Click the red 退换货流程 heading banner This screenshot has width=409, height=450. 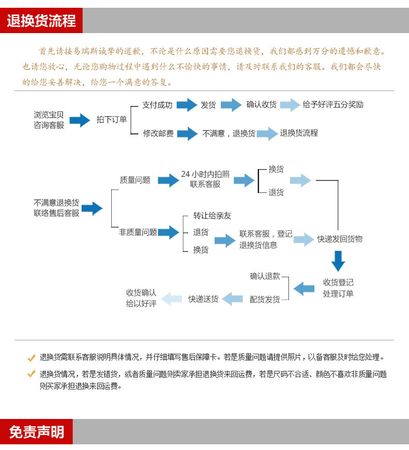pos(41,21)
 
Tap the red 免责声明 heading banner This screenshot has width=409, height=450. pos(36,432)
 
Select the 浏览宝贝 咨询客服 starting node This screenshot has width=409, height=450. pos(49,120)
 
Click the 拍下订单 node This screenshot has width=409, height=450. pos(111,120)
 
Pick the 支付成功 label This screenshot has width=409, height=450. pos(157,105)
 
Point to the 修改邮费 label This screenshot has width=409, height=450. pos(158,133)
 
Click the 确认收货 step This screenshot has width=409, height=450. pos(261,105)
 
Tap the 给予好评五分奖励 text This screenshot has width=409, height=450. pos(333,105)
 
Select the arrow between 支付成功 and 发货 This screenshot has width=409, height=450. pos(186,105)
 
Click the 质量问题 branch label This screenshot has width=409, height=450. pos(135,180)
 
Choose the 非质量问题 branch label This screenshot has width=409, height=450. pos(138,232)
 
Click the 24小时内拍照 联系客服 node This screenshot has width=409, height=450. pos(206,179)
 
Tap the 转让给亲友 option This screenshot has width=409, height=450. pos(212,216)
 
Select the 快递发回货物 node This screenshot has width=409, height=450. pos(340,239)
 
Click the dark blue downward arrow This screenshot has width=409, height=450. pos(338,261)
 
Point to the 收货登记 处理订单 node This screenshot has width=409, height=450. pos(338,288)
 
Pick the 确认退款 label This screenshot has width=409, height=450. pos(265,276)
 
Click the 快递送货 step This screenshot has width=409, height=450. pos(203,299)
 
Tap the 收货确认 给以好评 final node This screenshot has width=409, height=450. pos(141,298)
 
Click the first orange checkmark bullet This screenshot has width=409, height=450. pos(31,358)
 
